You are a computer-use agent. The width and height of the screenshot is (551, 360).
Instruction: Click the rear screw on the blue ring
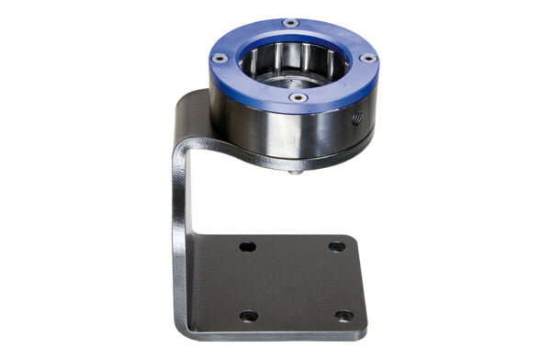pos(290,22)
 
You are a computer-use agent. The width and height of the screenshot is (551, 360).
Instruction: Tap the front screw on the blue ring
pos(298,97)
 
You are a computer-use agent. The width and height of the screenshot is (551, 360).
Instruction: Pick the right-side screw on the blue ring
pos(367,57)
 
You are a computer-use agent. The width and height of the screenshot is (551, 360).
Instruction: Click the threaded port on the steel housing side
pos(357,118)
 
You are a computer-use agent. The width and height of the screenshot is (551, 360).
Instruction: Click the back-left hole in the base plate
pos(247,246)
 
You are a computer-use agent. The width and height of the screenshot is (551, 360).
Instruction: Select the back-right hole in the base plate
pos(336,246)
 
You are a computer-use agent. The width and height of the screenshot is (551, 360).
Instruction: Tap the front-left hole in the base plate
pos(248,315)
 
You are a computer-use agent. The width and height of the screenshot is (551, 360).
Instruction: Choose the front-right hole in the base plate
pos(343,315)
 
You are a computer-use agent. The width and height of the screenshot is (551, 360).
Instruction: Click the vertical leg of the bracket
pos(180,230)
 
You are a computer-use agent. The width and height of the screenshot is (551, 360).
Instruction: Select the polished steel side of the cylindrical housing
pos(275,129)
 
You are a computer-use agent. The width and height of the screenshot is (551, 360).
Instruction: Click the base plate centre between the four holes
pos(294,280)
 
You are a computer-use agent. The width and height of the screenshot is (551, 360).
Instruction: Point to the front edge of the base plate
pos(275,335)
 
